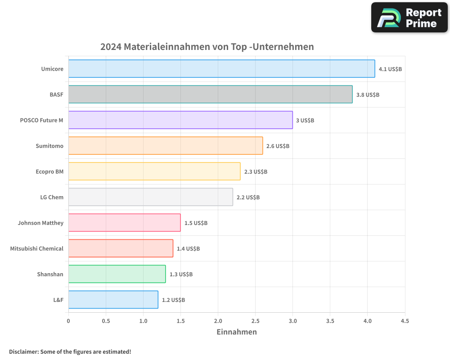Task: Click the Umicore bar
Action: click(x=221, y=69)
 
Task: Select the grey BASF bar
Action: click(x=210, y=94)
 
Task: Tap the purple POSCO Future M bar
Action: click(x=180, y=120)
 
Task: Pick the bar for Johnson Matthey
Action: click(x=124, y=223)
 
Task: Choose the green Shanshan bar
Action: click(x=117, y=274)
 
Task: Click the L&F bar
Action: click(x=113, y=300)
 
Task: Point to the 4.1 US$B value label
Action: click(x=390, y=69)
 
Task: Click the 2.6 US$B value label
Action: click(x=278, y=146)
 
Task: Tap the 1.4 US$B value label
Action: click(x=188, y=248)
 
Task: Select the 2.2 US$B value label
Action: click(x=248, y=197)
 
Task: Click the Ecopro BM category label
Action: click(x=49, y=171)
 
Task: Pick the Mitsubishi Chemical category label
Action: click(x=37, y=248)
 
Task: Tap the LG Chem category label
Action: click(x=52, y=197)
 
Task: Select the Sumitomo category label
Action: click(x=49, y=146)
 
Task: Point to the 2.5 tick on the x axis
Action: click(x=255, y=321)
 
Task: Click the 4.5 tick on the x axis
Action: click(x=405, y=321)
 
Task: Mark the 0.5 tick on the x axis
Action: click(x=106, y=321)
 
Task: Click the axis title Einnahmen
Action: click(x=237, y=332)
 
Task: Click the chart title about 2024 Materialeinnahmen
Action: click(x=207, y=47)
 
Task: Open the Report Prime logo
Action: click(x=409, y=18)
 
